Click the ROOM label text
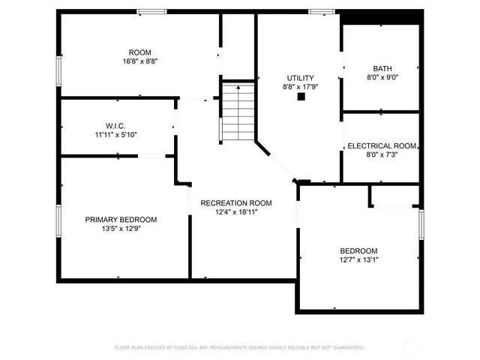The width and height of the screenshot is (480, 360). point(140,52)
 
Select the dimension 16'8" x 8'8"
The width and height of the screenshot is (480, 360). point(140,61)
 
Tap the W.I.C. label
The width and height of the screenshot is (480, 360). point(115,126)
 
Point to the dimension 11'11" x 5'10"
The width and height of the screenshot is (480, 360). point(115,135)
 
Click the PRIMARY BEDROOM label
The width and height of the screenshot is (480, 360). point(121,220)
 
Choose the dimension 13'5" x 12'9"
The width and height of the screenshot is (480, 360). point(121,229)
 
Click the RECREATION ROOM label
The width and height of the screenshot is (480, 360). point(235,203)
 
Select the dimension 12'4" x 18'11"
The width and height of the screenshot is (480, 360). point(235,212)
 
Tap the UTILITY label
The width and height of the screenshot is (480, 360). point(300,78)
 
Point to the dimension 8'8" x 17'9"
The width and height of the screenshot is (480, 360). point(300,87)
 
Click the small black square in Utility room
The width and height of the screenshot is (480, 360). point(301,97)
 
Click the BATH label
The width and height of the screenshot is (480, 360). point(382,67)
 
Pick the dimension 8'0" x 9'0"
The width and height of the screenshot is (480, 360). point(382,76)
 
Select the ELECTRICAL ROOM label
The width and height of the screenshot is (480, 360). point(382,146)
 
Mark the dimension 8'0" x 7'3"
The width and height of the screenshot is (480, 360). point(382,155)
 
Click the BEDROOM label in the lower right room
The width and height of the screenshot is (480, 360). point(358,251)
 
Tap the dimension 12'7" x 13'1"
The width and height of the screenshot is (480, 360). point(358,260)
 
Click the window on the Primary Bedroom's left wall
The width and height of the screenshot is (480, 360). point(58,221)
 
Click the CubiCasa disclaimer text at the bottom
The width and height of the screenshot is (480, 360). point(239,348)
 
